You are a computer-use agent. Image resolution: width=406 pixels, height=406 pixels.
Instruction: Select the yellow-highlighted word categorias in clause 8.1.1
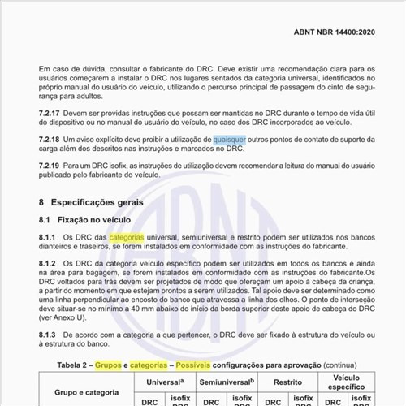click(126, 236)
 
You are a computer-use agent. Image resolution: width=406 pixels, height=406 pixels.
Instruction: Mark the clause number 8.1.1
click(50, 236)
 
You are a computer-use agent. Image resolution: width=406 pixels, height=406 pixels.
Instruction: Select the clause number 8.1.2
click(50, 265)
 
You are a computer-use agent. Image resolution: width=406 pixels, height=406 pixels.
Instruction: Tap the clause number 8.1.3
click(50, 335)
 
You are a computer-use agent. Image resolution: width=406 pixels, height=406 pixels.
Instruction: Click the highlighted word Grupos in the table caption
click(108, 365)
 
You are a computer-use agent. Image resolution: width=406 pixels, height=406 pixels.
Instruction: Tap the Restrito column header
click(287, 381)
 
